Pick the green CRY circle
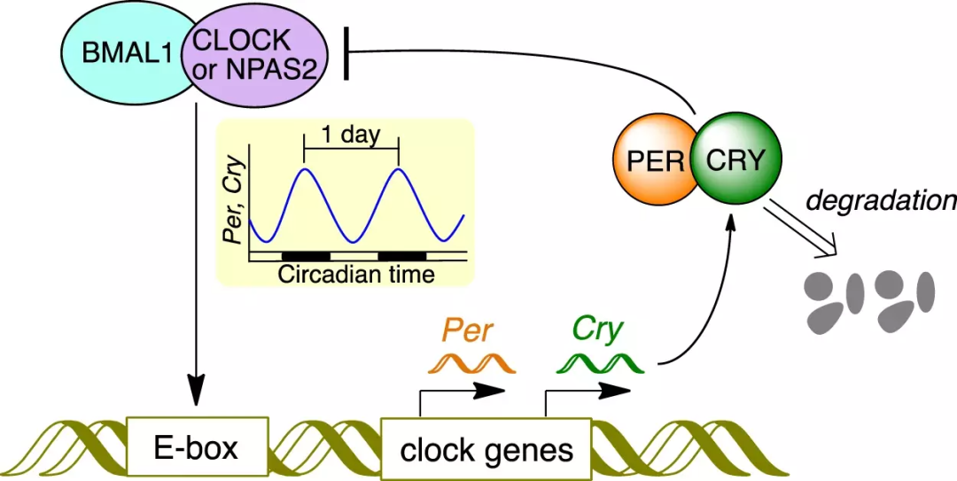[x=736, y=160]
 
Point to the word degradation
[x=882, y=199]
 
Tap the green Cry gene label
[x=591, y=330]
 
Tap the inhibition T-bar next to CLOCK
[x=346, y=52]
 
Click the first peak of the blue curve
[x=304, y=167]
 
